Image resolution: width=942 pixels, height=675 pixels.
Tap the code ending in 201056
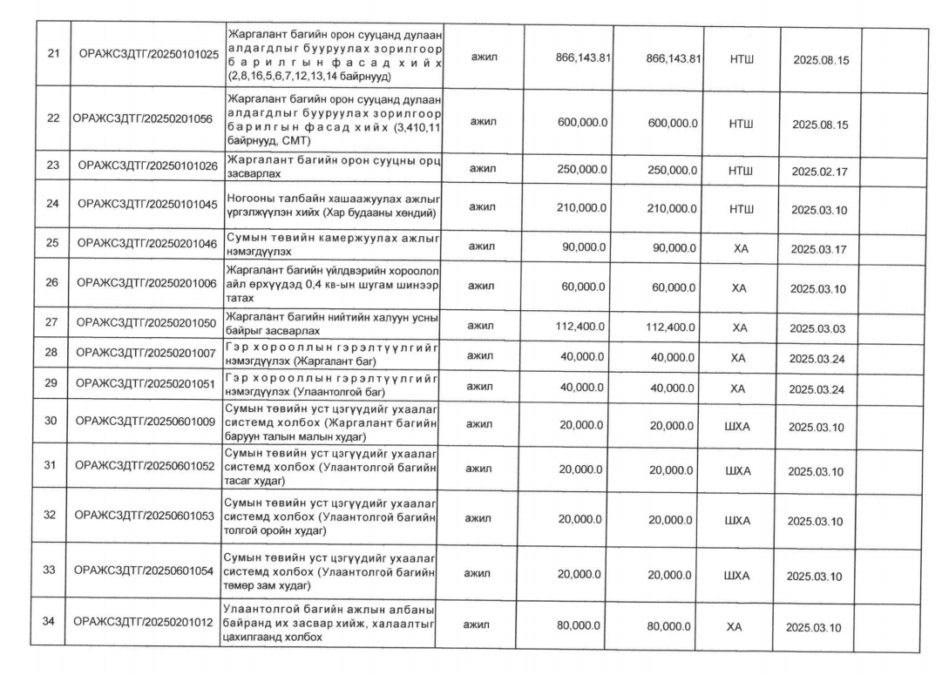click(x=143, y=119)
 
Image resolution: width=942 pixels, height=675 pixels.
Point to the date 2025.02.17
click(x=819, y=172)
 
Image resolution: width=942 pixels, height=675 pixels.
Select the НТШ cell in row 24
click(x=741, y=209)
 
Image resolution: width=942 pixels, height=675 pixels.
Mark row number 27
click(x=51, y=322)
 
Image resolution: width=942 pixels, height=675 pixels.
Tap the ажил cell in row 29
click(x=482, y=386)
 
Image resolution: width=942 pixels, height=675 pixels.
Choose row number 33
click(x=50, y=570)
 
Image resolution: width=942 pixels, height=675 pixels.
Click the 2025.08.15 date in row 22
click(x=820, y=125)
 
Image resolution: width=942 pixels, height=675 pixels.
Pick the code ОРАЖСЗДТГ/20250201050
click(x=146, y=322)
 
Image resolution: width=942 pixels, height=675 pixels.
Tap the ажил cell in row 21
click(x=482, y=56)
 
